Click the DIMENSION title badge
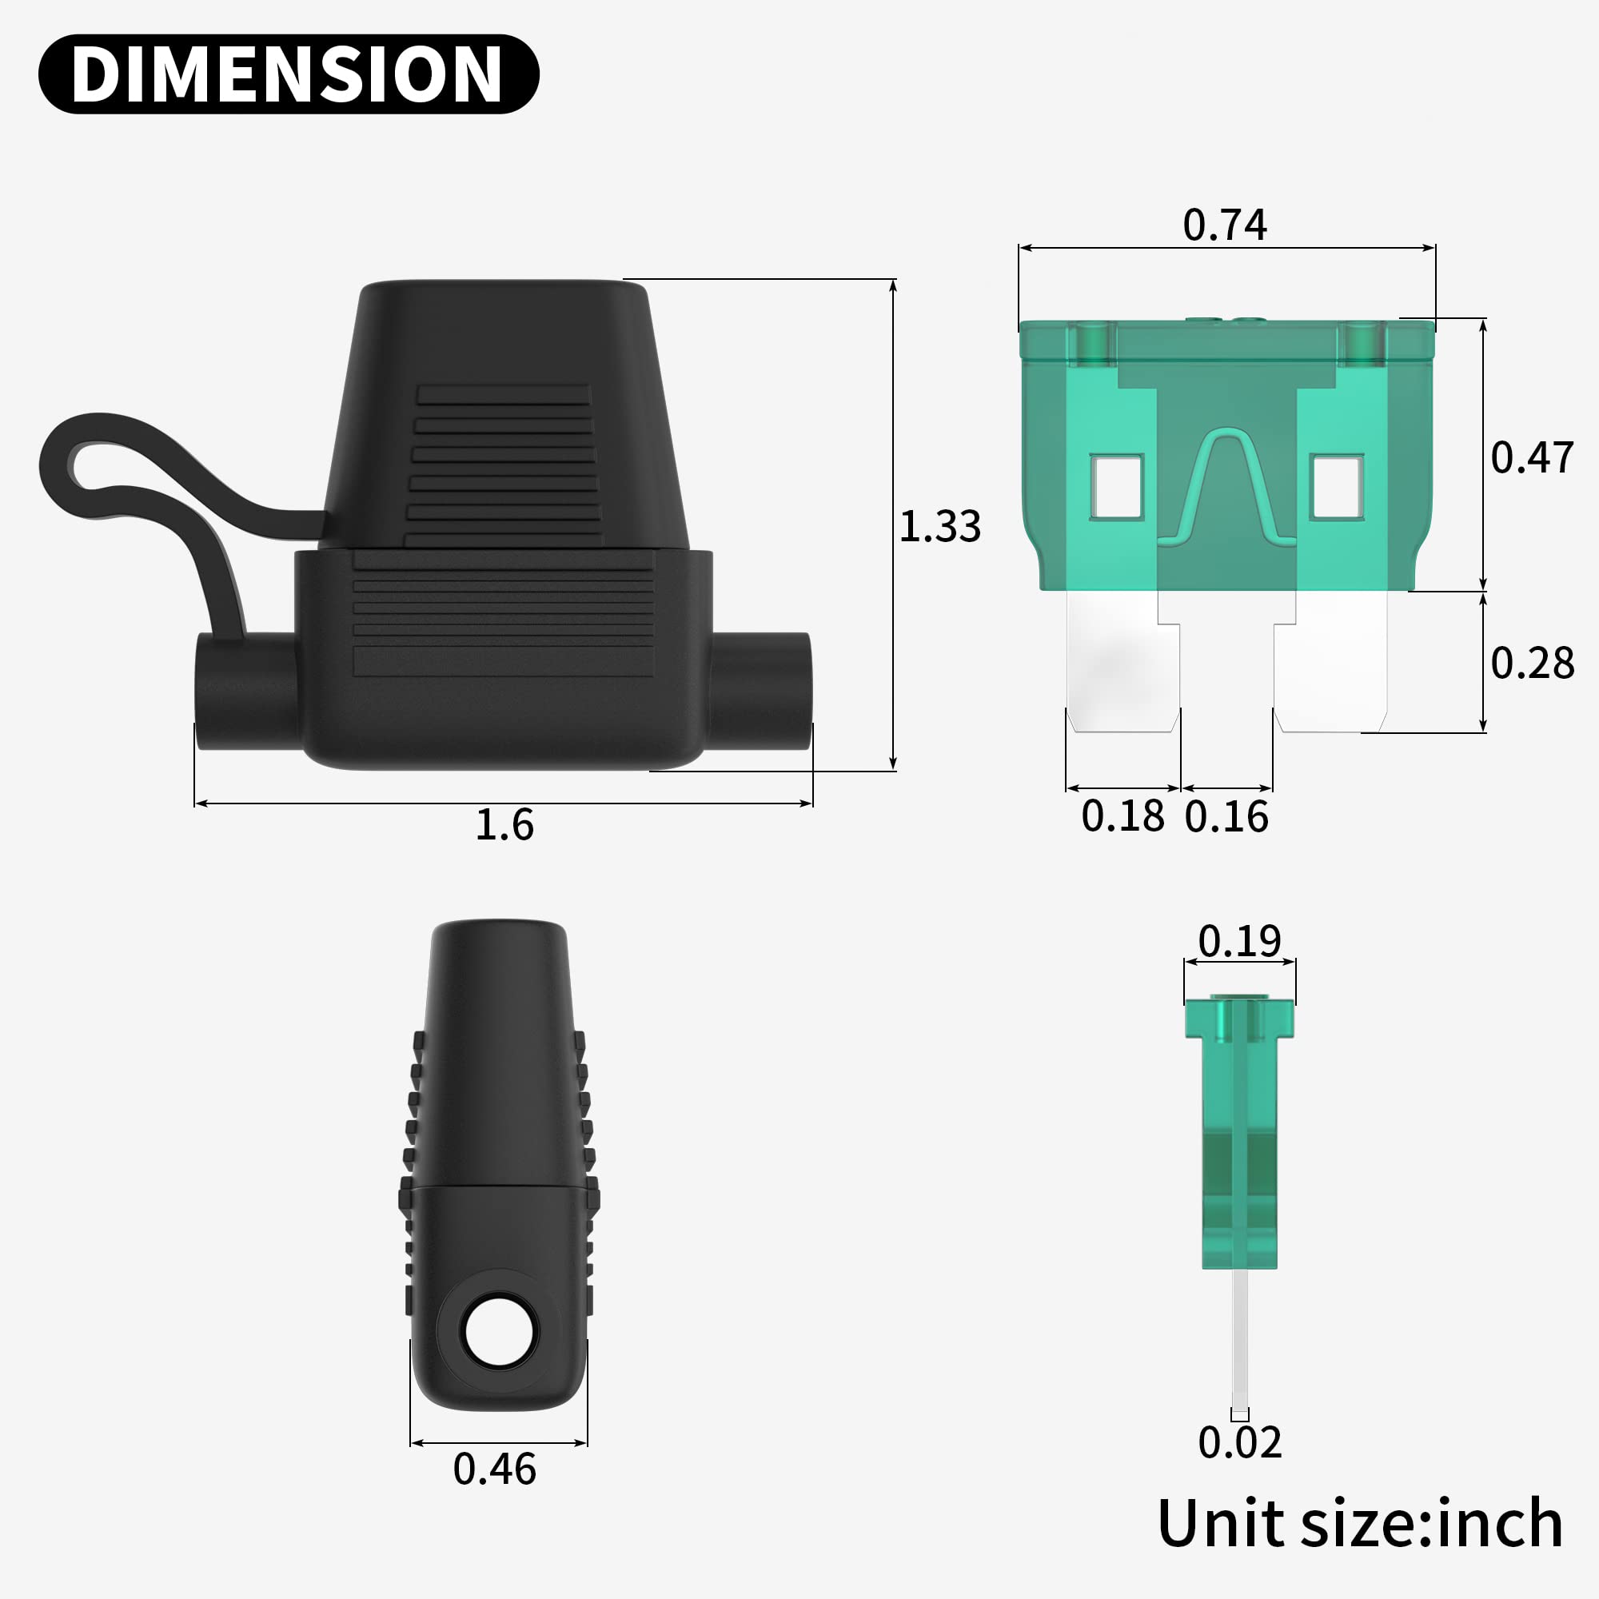[x=288, y=74]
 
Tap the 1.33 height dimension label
[x=939, y=526]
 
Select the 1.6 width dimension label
[x=504, y=825]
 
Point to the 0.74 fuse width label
[x=1224, y=225]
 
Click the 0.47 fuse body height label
[x=1531, y=457]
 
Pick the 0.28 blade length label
[x=1531, y=663]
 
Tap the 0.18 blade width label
[x=1122, y=817]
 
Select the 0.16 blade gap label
[x=1226, y=817]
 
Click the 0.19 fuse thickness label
[x=1239, y=941]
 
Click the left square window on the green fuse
[x=1115, y=487]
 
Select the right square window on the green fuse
[x=1337, y=487]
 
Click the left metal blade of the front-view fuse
[x=1122, y=662]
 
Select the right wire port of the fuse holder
[x=761, y=691]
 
